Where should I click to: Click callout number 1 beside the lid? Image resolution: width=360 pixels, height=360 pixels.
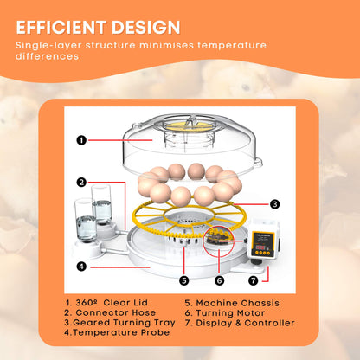coord(80,139)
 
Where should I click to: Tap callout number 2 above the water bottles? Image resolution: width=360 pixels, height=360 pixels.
coord(80,183)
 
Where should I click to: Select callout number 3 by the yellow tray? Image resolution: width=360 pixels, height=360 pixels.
coord(274,204)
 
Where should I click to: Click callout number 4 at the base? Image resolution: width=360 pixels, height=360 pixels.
coord(80,267)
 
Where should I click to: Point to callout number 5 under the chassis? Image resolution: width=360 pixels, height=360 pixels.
coord(183,280)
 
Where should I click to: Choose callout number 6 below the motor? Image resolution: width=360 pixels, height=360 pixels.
coord(218,280)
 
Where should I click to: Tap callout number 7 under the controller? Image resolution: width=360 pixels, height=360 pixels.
coord(254,280)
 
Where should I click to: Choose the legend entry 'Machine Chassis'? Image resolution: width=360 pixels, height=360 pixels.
coord(232,302)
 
